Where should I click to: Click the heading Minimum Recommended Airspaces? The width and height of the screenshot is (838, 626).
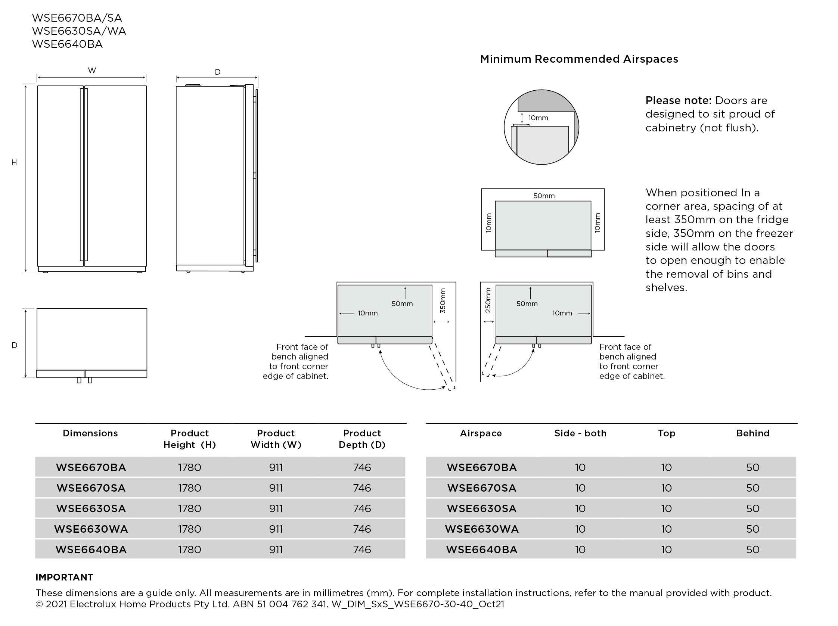pos(578,59)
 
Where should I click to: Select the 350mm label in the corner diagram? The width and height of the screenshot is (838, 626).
pos(443,301)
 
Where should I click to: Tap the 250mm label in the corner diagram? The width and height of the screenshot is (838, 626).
pos(488,300)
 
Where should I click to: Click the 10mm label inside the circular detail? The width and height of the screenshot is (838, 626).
pos(538,118)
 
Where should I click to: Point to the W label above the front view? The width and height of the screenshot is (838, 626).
pos(92,71)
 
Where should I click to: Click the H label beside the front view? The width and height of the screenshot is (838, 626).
pos(14,162)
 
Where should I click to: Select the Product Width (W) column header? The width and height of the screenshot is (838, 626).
pos(276,439)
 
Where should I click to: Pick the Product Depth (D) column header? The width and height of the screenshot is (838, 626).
pos(362,439)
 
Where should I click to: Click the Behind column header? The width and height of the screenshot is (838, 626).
pos(752,433)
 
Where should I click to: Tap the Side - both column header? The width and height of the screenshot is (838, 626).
pos(580,433)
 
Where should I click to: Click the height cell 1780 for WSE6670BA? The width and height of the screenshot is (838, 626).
pos(189,467)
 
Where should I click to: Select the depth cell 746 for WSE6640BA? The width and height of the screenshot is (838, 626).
pos(362,549)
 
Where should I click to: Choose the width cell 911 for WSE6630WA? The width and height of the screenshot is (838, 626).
pos(276,529)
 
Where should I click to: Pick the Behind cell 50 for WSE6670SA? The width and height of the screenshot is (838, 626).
pos(752,488)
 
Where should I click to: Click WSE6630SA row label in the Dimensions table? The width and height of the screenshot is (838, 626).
pos(91,508)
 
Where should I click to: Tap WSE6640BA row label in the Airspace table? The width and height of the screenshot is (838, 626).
pos(481,549)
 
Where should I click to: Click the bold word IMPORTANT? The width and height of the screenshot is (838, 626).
pos(64,577)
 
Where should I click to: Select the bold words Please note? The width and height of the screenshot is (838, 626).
pos(678,100)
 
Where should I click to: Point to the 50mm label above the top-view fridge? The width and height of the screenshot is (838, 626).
pos(544,196)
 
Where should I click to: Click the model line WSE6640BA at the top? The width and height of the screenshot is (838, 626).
pos(68,44)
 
